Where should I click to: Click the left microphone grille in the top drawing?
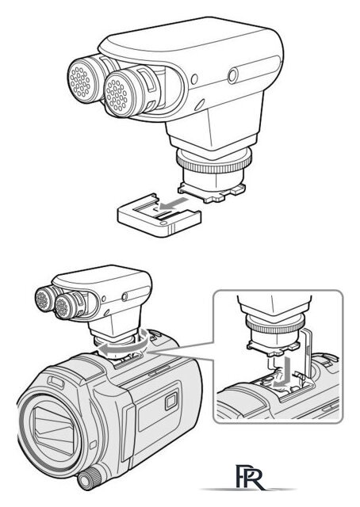pyautogui.click(x=80, y=81)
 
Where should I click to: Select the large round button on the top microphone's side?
pyautogui.click(x=233, y=76)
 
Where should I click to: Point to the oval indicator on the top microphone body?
pyautogui.click(x=199, y=105)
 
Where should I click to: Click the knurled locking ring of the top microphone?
pyautogui.click(x=213, y=162)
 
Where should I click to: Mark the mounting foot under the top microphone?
pyautogui.click(x=212, y=192)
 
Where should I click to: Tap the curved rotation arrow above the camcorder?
pyautogui.click(x=124, y=345)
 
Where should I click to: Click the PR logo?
pyautogui.click(x=250, y=477)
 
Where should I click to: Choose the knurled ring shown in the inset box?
pyautogui.click(x=275, y=323)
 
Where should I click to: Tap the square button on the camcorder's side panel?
pyautogui.click(x=171, y=401)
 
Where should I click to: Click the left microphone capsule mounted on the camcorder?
pyautogui.click(x=42, y=299)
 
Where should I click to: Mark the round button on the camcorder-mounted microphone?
pyautogui.click(x=124, y=296)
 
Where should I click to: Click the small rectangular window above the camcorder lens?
pyautogui.click(x=56, y=382)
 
